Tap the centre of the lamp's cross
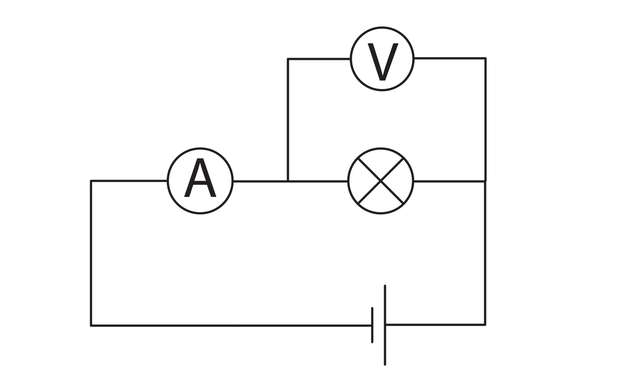pos(381,181)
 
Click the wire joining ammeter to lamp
pos(261,181)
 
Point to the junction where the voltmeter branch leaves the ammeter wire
pos(288,181)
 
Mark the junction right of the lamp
pos(485,181)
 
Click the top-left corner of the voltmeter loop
pos(288,59)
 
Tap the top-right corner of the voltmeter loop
pos(485,58)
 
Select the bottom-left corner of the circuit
pos(91,325)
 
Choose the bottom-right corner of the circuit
pos(485,324)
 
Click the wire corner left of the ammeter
pos(91,181)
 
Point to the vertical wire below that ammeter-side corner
pos(91,252)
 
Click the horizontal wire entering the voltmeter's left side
pos(319,59)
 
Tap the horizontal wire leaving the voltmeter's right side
pos(449,58)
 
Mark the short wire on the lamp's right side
pos(449,181)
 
